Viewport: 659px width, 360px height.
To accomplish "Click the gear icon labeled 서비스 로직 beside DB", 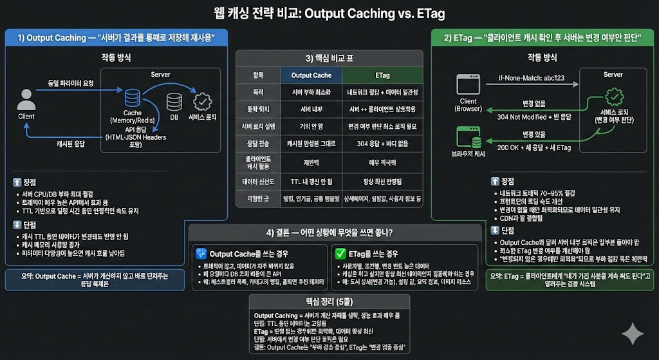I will (202, 102).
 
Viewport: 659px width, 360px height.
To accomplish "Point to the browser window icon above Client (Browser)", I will (469, 85).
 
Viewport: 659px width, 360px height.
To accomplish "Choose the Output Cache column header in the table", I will (311, 75).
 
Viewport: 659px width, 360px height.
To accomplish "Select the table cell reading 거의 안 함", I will (311, 126).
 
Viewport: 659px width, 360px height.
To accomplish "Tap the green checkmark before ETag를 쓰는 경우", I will (341, 253).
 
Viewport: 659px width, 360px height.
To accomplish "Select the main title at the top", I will (329, 13).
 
